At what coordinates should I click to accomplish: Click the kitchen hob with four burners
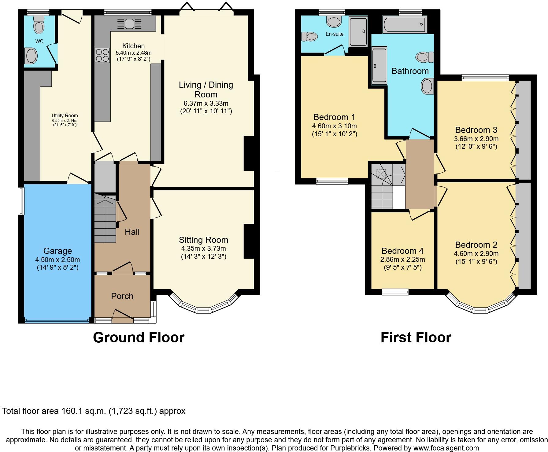click(x=102, y=56)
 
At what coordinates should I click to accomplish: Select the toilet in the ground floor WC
click(x=39, y=25)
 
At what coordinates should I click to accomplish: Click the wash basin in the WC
click(x=31, y=56)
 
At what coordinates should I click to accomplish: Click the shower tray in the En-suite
click(x=358, y=32)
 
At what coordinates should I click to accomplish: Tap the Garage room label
click(x=57, y=251)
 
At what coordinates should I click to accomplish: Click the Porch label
click(x=122, y=296)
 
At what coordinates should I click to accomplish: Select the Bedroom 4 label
click(x=402, y=251)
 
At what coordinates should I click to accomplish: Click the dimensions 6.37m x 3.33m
click(x=206, y=103)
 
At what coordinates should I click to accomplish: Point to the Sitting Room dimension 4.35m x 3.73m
click(x=203, y=249)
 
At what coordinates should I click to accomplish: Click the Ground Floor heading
click(x=139, y=337)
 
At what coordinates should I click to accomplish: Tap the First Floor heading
click(x=416, y=337)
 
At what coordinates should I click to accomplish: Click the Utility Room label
click(x=65, y=116)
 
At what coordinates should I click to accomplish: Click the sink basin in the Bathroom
click(x=427, y=86)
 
